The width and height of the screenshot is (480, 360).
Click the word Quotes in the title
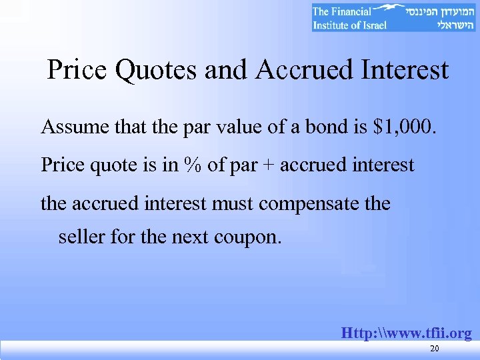tap(157, 70)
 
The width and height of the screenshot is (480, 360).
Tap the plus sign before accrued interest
tap(268, 165)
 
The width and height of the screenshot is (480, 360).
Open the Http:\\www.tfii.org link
tap(406, 333)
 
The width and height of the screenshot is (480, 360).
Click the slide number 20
tap(435, 349)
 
